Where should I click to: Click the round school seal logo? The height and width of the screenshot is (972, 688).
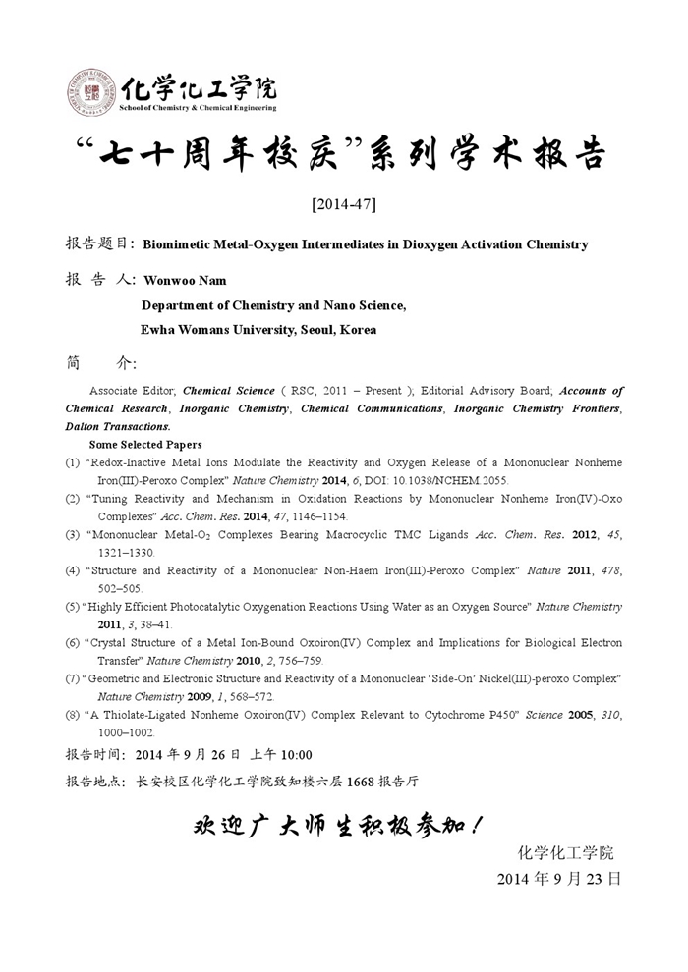point(91,91)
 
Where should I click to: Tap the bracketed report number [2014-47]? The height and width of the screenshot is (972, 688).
point(343,204)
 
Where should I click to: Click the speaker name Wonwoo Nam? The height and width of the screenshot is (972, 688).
point(185,280)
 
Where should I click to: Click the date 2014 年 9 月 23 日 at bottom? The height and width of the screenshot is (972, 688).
point(558,879)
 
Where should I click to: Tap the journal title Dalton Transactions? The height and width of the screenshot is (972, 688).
point(118,426)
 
